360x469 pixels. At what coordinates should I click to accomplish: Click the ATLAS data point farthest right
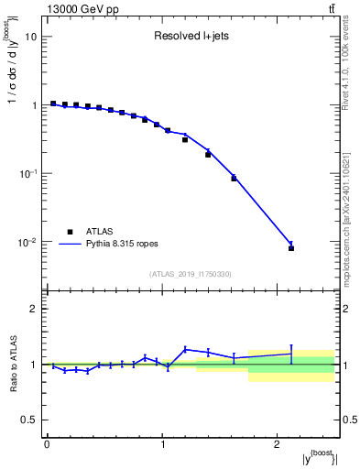291,248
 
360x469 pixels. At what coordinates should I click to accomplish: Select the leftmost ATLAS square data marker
53,104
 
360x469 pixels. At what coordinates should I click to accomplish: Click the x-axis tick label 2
278,445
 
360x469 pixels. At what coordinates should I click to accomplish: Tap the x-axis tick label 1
162,445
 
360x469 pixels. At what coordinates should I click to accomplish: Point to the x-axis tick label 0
47,445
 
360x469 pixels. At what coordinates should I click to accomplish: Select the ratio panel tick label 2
34,309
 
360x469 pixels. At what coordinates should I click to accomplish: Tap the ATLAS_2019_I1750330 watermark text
191,274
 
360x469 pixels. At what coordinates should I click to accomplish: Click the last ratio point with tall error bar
291,354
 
